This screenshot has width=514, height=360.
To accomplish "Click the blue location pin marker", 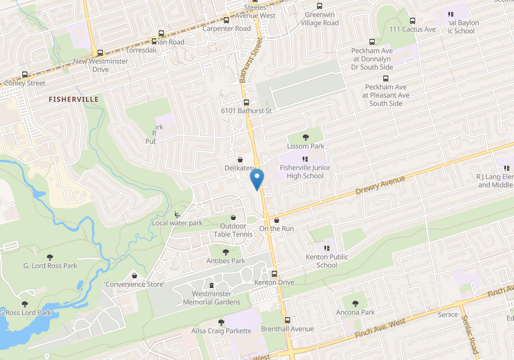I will [257, 179].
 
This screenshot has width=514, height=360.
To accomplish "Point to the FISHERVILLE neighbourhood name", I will [74, 99].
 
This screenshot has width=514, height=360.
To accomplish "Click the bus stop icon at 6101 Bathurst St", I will [246, 103].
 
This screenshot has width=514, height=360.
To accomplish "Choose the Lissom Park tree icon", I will [306, 137].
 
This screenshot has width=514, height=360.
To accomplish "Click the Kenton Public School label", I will [327, 261].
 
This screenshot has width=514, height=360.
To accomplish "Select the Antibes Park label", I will [226, 261].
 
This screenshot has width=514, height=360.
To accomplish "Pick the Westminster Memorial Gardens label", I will [211, 298].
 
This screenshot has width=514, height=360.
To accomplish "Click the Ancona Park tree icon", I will [355, 303].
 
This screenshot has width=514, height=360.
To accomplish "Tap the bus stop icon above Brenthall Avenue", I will [287, 321].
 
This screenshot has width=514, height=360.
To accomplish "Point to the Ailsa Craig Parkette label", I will [221, 331].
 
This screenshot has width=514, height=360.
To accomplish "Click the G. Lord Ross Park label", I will [50, 266].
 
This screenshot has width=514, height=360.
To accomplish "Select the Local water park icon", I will [177, 214].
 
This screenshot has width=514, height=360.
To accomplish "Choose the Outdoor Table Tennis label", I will [233, 230].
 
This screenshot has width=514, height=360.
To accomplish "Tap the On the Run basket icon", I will [276, 220].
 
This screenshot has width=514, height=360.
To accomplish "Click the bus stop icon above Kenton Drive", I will [274, 274].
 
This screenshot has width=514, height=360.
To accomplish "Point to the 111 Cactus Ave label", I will [412, 29].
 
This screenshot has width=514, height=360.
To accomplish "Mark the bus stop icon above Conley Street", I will [25, 75].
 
